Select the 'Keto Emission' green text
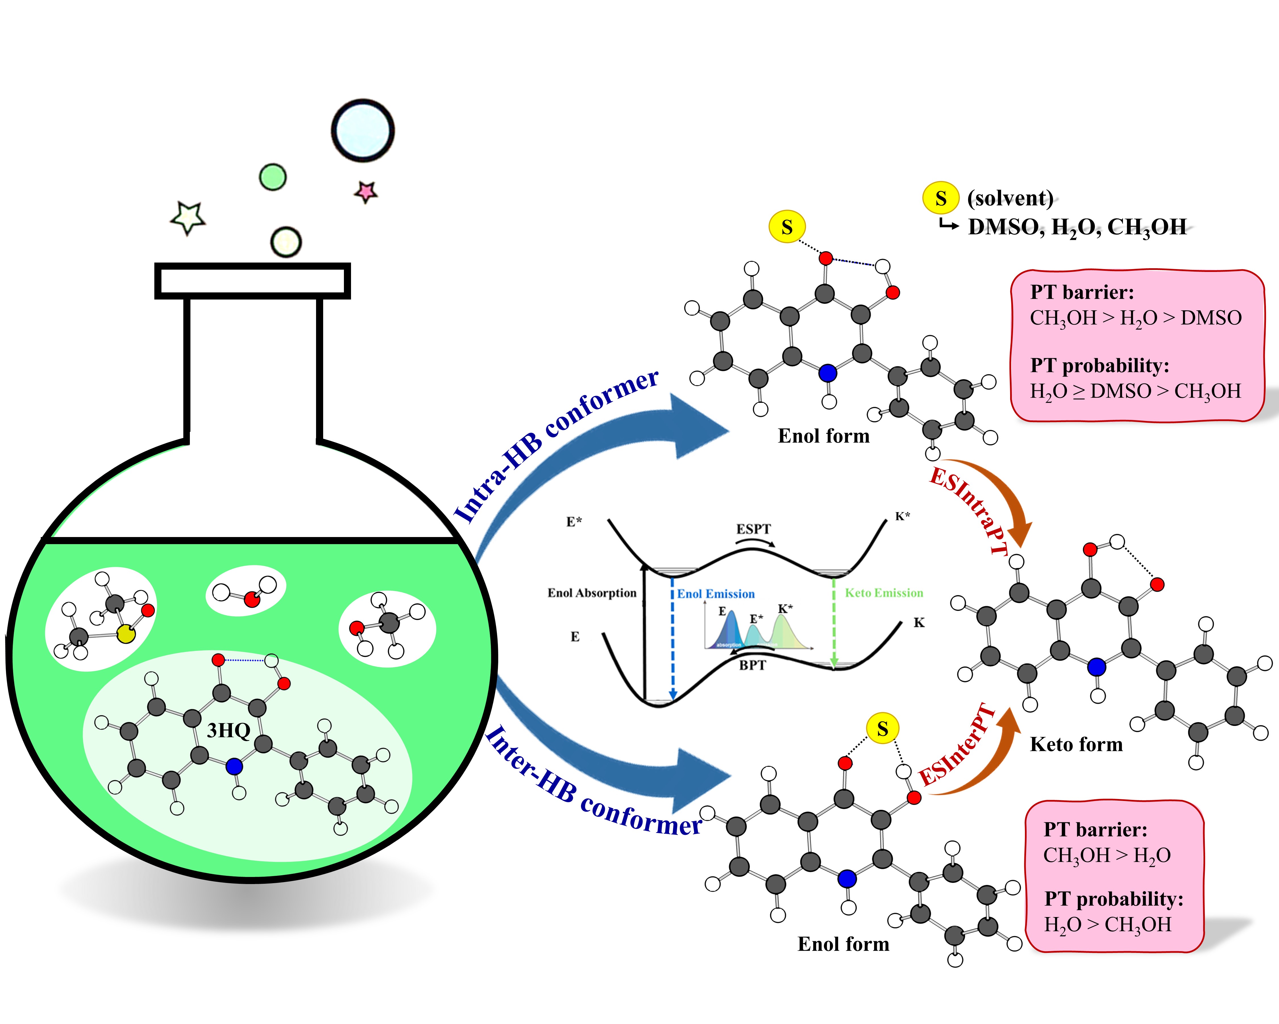[x=884, y=592]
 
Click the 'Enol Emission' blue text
[x=716, y=594]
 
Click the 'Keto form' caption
[x=1076, y=744]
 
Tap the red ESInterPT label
[x=956, y=746]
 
